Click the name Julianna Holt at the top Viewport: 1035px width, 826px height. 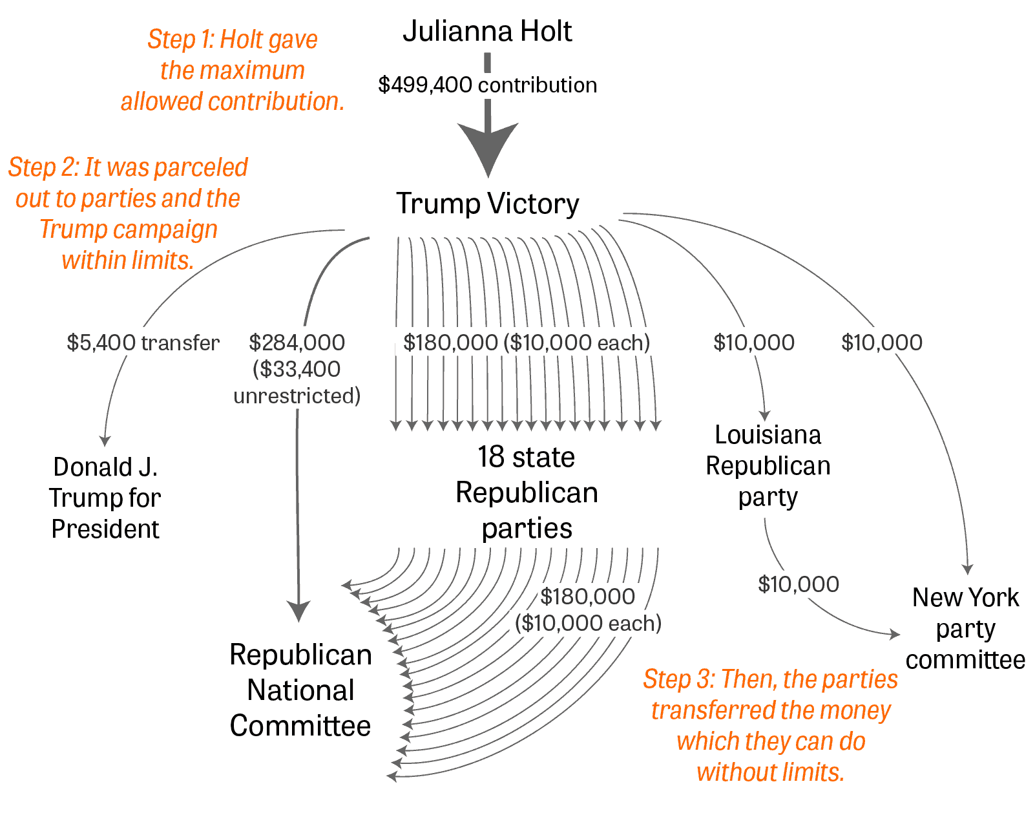[487, 31]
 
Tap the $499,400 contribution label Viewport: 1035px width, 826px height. [487, 85]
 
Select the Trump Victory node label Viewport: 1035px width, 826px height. [487, 204]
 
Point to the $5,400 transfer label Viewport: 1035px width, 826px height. [143, 343]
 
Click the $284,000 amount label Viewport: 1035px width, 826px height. [297, 343]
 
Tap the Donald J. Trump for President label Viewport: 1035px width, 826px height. [105, 498]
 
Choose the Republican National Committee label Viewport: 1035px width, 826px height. [300, 690]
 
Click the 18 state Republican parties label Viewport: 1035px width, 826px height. [527, 492]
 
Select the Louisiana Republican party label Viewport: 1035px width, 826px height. [768, 466]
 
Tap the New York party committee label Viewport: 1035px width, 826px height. [965, 628]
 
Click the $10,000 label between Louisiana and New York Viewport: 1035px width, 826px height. [799, 584]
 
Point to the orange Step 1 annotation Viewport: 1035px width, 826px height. [233, 70]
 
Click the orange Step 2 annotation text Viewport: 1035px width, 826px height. [128, 213]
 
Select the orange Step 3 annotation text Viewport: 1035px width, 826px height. [770, 725]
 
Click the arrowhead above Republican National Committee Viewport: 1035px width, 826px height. [298, 611]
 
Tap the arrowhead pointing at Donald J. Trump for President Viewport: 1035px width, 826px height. [105, 441]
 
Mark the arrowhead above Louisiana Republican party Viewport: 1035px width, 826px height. [765, 416]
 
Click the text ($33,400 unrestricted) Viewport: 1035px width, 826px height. [297, 383]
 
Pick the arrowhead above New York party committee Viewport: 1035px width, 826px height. [967, 569]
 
